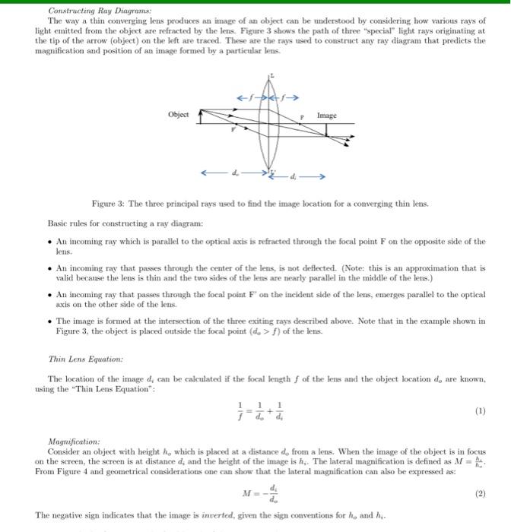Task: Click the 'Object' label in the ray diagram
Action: pos(179,115)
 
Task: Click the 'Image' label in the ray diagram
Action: pos(326,116)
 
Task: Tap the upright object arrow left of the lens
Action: pos(199,117)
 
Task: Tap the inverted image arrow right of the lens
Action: pos(328,138)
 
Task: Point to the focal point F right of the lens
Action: pos(302,118)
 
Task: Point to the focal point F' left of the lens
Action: pos(234,129)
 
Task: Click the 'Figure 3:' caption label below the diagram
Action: pos(109,204)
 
